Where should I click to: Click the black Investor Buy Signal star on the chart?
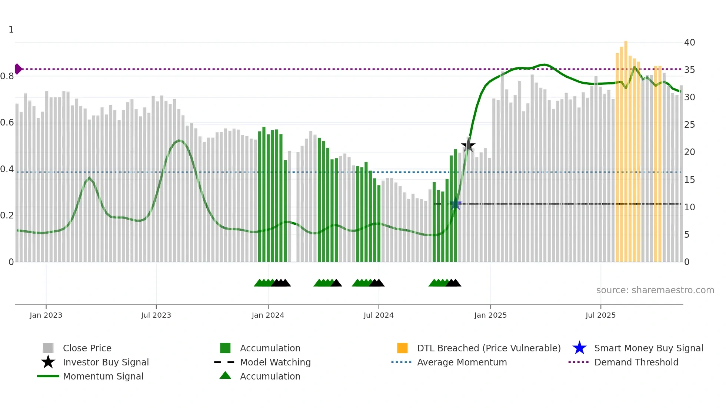point(468,146)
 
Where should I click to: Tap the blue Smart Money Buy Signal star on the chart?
point(456,204)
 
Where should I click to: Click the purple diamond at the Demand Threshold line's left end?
point(18,69)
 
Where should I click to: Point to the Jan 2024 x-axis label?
point(268,315)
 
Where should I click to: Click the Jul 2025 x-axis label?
point(600,315)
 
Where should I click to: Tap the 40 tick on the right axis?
point(689,43)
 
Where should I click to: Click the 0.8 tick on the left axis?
point(7,76)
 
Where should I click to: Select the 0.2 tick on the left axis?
point(7,215)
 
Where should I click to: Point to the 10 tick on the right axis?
point(689,207)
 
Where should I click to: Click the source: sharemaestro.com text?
point(655,290)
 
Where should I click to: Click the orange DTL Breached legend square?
point(402,348)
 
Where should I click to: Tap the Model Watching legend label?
point(275,362)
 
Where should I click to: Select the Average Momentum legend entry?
point(462,362)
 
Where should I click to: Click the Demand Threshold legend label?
point(636,362)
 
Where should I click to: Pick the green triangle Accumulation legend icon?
point(225,375)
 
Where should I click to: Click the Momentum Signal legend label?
point(103,376)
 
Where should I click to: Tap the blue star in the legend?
point(579,348)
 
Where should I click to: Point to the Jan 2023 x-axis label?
point(46,315)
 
